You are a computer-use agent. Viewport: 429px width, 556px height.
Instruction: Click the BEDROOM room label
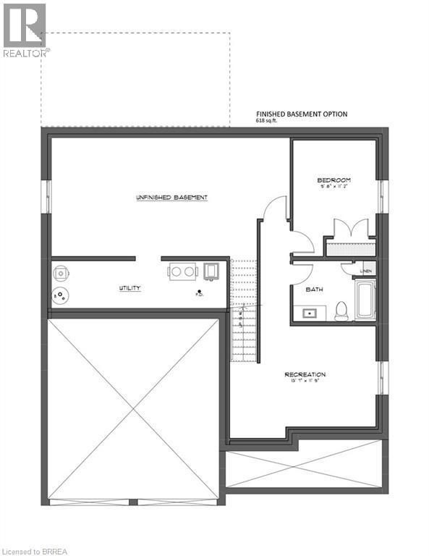334,180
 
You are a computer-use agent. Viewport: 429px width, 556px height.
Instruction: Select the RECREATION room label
305,374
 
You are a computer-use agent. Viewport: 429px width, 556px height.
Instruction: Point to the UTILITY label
130,288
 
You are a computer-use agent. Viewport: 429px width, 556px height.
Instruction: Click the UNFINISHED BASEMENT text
172,197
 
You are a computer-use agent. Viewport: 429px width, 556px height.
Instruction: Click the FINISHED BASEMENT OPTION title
302,114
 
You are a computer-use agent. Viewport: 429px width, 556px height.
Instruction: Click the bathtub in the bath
364,300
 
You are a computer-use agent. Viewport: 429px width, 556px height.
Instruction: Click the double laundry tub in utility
182,272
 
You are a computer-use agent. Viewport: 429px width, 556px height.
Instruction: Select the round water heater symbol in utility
59,295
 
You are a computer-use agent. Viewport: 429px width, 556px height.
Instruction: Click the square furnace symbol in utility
61,272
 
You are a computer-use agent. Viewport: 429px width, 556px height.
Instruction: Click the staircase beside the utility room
245,311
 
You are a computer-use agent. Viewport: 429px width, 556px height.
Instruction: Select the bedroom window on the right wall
381,196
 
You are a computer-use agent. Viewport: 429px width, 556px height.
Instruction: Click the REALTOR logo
25,30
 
